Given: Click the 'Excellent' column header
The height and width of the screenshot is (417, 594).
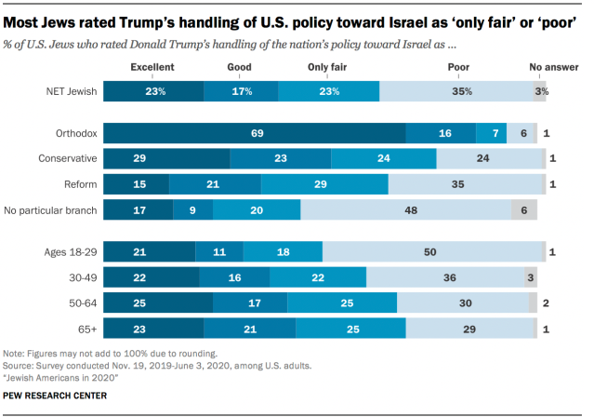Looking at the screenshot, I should click(x=152, y=67).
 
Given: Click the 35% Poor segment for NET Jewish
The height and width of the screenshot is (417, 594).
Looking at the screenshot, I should click(x=455, y=91).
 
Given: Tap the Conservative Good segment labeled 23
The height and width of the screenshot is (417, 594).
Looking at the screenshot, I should click(x=280, y=158).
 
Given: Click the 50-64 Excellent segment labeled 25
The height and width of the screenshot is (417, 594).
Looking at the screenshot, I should click(x=157, y=302).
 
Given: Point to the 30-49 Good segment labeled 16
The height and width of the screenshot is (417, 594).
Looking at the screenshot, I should click(x=234, y=276).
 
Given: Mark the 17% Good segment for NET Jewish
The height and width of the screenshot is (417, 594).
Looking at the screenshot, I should click(x=241, y=91).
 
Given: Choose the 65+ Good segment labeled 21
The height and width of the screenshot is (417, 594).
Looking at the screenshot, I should click(x=249, y=327).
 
